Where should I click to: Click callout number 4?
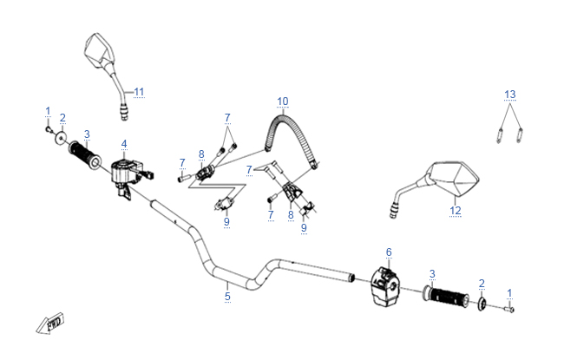(x=125, y=143)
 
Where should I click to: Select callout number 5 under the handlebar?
(x=227, y=297)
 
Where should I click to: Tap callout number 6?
(x=389, y=252)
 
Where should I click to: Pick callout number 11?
(x=140, y=91)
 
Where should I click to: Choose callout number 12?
(x=456, y=209)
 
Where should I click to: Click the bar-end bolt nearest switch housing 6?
(x=508, y=308)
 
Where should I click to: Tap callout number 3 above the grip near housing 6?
(x=432, y=274)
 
